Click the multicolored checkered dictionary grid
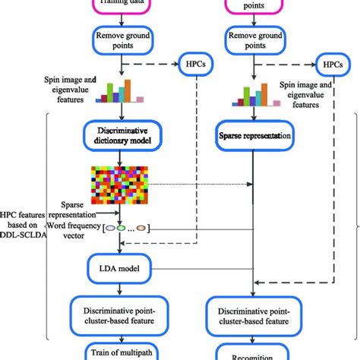click(119, 185)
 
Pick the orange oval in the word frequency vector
click(141, 227)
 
